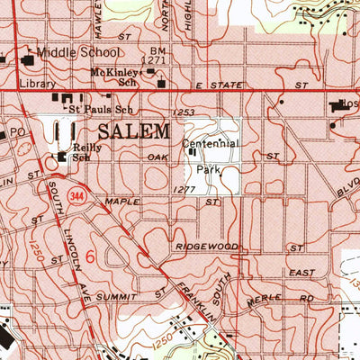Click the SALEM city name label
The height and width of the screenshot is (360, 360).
(132, 131)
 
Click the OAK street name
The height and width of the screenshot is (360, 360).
(157, 156)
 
